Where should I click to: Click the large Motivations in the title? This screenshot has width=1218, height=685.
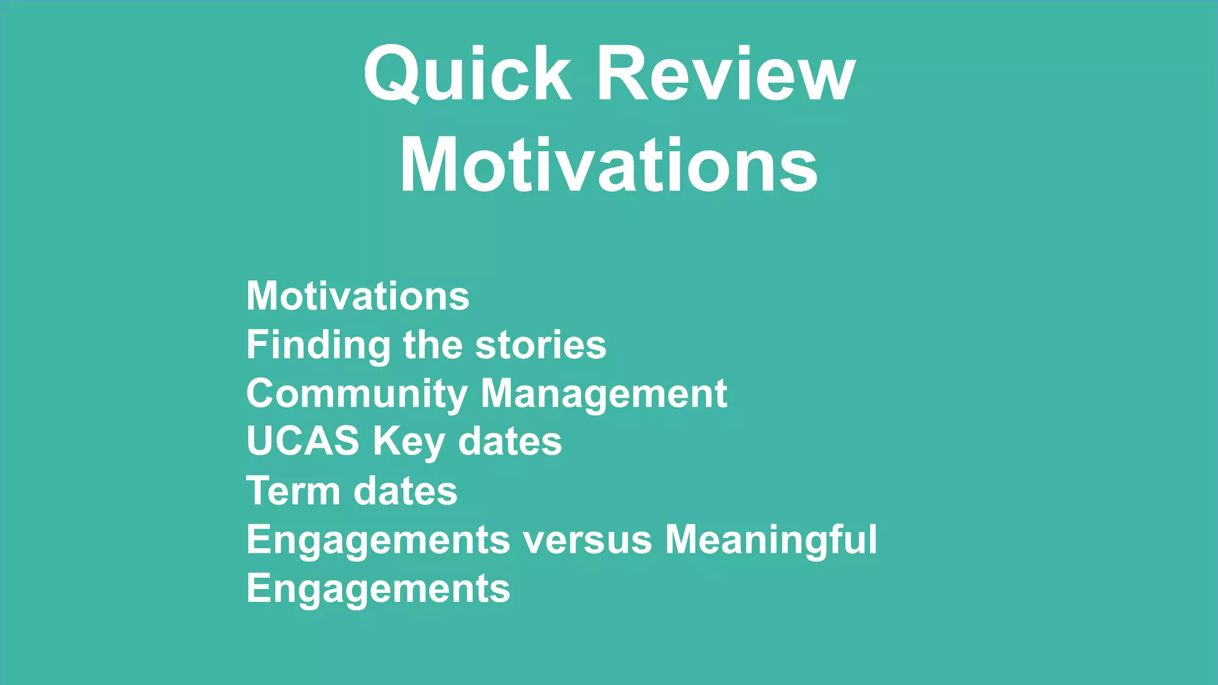click(609, 165)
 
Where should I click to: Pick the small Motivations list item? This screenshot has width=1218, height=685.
click(357, 296)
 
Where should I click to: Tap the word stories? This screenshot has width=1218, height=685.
click(541, 345)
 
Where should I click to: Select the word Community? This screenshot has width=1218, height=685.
click(357, 394)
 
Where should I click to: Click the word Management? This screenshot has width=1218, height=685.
click(604, 394)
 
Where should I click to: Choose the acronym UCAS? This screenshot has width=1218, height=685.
click(303, 441)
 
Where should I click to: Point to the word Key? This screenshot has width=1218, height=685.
click(409, 442)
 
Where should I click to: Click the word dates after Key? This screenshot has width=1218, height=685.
click(510, 442)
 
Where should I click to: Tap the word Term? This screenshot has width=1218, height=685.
click(293, 491)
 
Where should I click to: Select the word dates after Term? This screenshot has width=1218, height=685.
click(406, 491)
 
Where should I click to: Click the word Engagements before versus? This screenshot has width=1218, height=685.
click(378, 540)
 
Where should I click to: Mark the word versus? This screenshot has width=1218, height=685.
click(588, 540)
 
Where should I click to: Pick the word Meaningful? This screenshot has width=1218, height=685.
click(771, 540)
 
